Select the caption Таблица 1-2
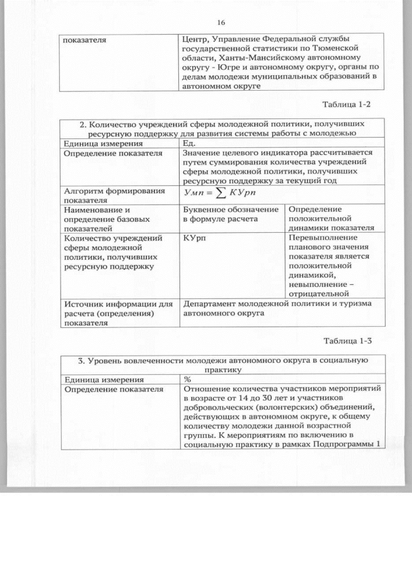348,104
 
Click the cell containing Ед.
189,143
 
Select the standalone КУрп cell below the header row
194,238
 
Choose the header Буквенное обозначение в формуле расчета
230,214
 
